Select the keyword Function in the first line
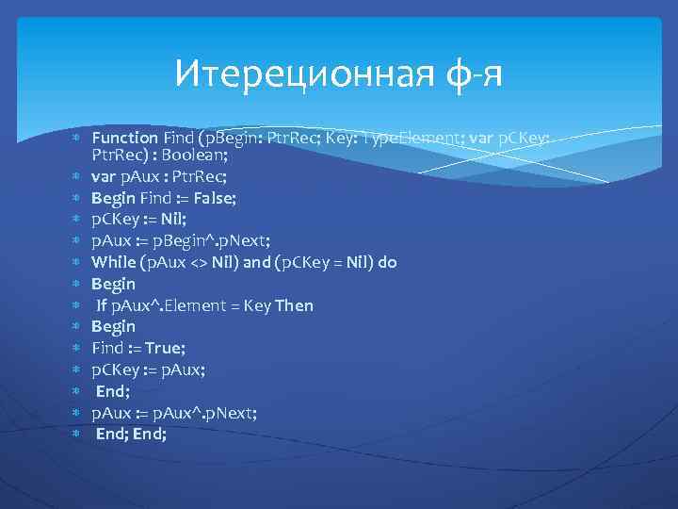pyautogui.click(x=124, y=139)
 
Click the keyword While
pyautogui.click(x=113, y=262)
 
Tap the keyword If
pyautogui.click(x=102, y=305)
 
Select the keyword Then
pyautogui.click(x=294, y=305)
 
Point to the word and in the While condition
pyautogui.click(x=256, y=262)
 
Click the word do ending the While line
pyautogui.click(x=387, y=262)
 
